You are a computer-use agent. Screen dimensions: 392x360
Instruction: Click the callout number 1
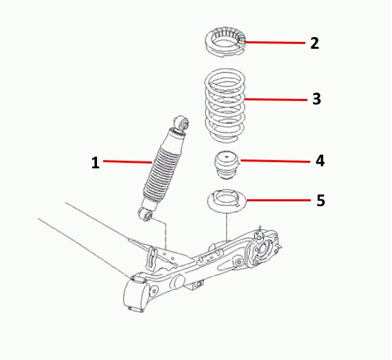96,163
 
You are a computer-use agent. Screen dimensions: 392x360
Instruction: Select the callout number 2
314,43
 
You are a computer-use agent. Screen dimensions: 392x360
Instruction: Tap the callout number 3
316,99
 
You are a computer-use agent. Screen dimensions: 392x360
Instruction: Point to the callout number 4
320,161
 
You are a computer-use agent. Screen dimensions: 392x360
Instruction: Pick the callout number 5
320,201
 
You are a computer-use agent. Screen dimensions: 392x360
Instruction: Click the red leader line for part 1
127,162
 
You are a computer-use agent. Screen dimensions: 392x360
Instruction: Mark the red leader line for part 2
275,43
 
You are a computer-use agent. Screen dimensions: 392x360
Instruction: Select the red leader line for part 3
276,100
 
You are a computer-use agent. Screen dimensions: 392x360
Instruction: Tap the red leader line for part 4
275,161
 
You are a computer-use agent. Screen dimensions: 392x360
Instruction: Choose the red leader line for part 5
279,200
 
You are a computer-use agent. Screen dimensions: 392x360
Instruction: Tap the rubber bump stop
227,165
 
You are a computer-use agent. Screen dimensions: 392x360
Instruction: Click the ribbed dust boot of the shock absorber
162,174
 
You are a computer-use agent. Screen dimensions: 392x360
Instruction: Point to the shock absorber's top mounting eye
182,122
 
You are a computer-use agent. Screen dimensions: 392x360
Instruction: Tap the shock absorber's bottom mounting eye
145,214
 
